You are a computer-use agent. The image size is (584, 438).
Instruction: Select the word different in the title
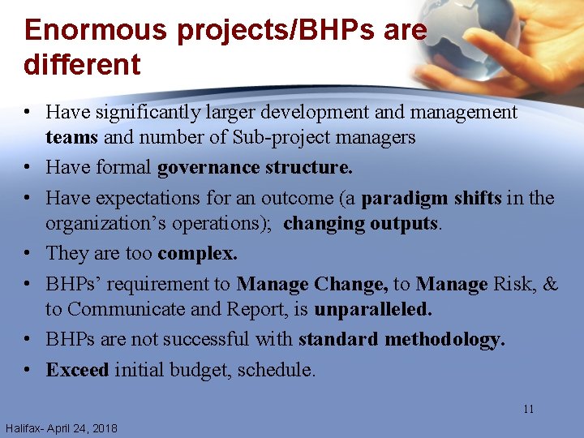coord(82,64)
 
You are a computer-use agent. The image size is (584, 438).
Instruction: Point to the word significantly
coord(159,112)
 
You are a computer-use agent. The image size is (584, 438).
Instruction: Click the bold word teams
coord(72,137)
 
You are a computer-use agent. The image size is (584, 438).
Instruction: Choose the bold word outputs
coord(404,223)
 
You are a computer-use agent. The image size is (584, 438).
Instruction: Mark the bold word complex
coord(197,254)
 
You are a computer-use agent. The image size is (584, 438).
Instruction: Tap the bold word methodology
coord(444,339)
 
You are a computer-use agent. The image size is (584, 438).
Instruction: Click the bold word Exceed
coord(77,370)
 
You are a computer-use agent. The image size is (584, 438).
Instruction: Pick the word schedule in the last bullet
coord(277,370)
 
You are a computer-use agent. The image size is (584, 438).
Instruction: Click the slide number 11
coord(528,409)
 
